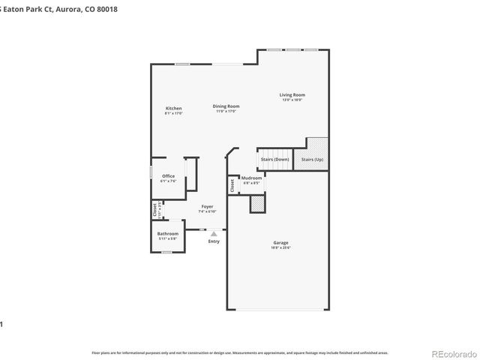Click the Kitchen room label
click(173, 109)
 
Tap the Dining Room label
click(226, 106)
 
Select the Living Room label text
click(292, 95)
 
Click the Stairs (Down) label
click(274, 160)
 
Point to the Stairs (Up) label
click(312, 160)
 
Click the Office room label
click(168, 176)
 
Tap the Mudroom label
click(251, 178)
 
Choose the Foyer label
click(207, 206)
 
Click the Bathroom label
click(167, 233)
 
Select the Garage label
click(280, 242)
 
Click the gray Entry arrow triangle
click(214, 234)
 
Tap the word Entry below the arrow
click(214, 241)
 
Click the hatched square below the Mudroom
click(257, 203)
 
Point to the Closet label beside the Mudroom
click(232, 185)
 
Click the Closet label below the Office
click(155, 209)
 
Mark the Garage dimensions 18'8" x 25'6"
click(280, 247)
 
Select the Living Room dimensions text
click(292, 100)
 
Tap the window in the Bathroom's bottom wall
click(166, 253)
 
